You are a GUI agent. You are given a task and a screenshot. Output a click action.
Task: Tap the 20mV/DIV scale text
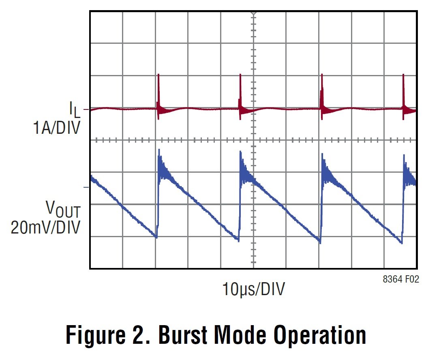45,227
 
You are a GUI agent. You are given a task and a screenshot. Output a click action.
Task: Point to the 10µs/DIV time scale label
253,289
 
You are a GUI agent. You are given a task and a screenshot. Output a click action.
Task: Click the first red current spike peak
158,75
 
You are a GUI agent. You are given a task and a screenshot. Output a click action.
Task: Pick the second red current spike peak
240,75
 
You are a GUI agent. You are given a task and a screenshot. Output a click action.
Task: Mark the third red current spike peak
322,75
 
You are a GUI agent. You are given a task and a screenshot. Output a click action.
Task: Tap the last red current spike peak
403,75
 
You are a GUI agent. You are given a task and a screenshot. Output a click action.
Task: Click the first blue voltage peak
159,150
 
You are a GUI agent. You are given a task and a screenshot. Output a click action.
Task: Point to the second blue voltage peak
241,152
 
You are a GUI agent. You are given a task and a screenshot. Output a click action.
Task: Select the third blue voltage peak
322,154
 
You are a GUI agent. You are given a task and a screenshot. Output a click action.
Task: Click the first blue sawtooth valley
156,238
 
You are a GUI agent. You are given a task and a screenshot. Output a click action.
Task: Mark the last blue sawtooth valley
401,243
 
